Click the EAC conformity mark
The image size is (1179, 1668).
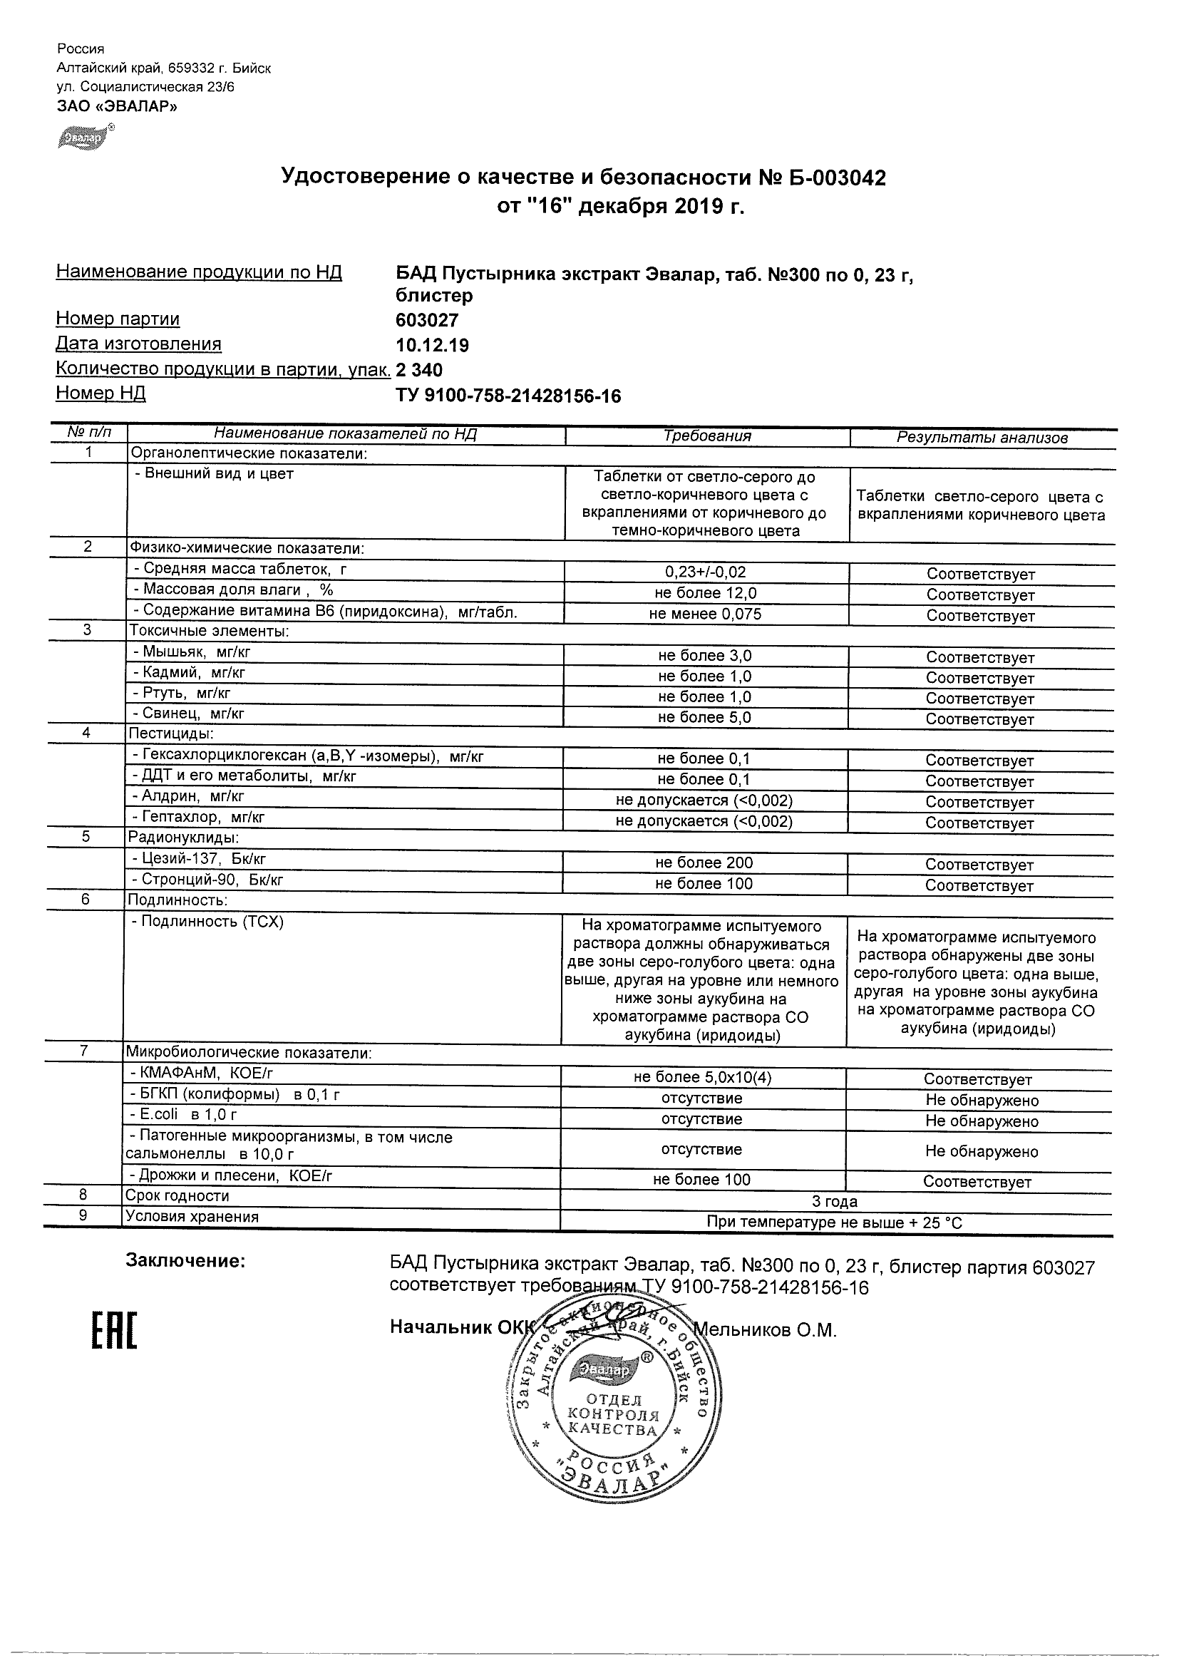pos(114,1330)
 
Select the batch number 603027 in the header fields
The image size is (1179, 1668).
pos(427,320)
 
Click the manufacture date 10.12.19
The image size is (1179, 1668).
pos(432,345)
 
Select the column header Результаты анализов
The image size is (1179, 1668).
pos(982,438)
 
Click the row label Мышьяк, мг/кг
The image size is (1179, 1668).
pos(192,652)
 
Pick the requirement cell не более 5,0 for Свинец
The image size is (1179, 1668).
pos(704,718)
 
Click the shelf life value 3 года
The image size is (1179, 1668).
pos(835,1202)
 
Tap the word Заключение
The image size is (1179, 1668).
pos(186,1260)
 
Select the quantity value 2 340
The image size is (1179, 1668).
pos(419,370)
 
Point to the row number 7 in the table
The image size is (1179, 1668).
pos(84,1051)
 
